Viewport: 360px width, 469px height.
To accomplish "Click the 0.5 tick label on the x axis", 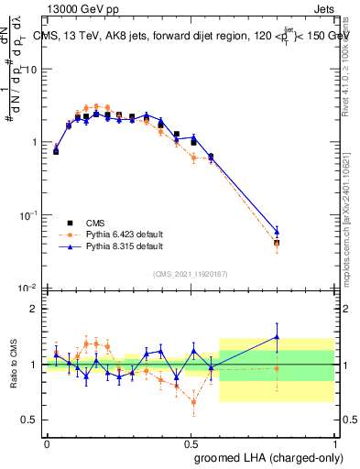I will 191,443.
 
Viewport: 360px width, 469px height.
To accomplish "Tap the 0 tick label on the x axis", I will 47,443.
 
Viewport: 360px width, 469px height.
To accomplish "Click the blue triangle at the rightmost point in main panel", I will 277,232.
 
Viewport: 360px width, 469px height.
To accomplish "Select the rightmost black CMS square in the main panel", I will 277,243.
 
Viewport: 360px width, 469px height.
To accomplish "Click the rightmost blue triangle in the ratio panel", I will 277,337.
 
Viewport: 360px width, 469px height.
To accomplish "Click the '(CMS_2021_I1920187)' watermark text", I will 190,273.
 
